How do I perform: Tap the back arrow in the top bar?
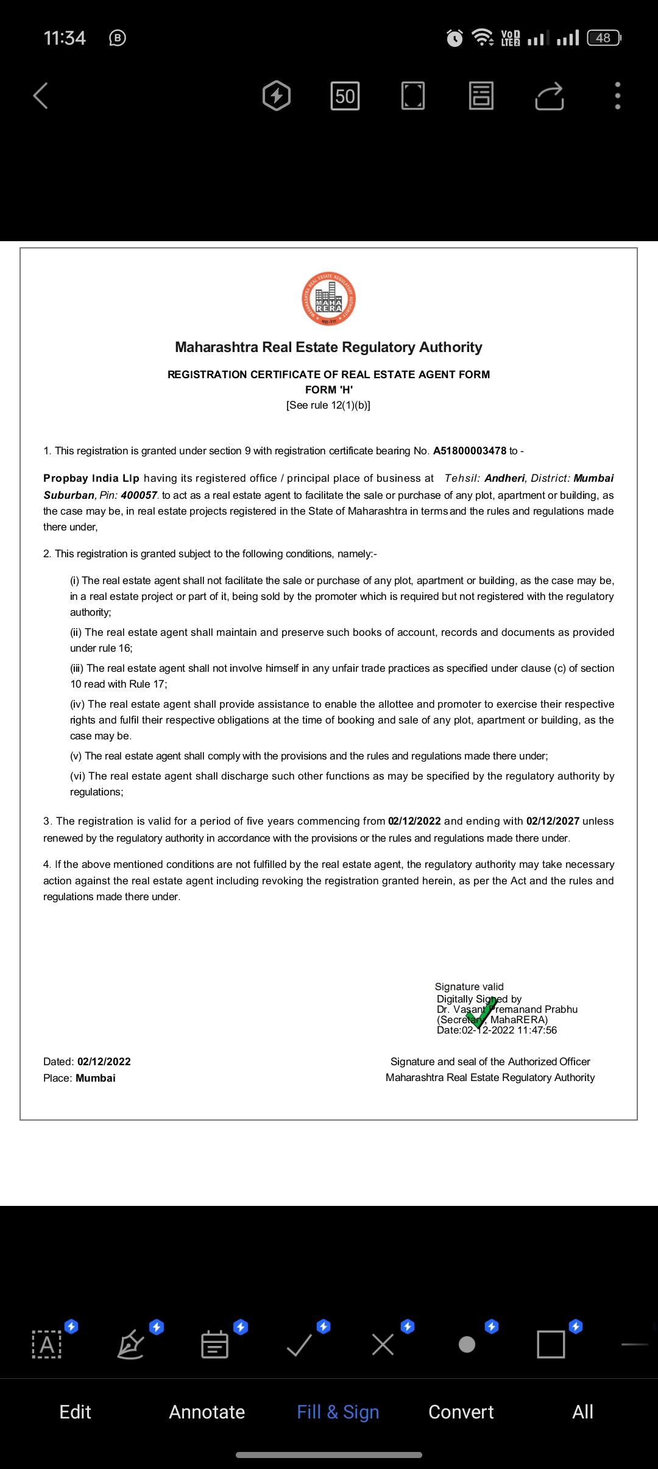coord(41,96)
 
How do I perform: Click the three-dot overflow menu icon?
coord(617,96)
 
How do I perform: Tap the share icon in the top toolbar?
coord(549,96)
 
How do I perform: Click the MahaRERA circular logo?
coord(329,299)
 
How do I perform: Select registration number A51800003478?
coord(470,451)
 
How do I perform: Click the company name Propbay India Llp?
coord(91,478)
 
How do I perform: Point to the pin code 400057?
coord(139,495)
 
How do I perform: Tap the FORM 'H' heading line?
coord(329,390)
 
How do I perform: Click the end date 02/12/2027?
coord(553,821)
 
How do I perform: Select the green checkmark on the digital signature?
coord(482,1012)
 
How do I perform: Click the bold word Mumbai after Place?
coord(96,1078)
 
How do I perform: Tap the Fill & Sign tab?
coord(338,1412)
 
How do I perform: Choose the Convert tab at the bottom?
coord(461,1412)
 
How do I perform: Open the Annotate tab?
coord(207,1412)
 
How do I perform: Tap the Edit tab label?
coord(75,1412)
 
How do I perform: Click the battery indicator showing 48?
coord(603,38)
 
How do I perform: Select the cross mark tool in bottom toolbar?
coord(383,1344)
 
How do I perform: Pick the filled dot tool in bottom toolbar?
coord(467,1344)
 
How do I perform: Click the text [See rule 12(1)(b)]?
coord(328,405)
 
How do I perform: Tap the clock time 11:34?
coord(65,38)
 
